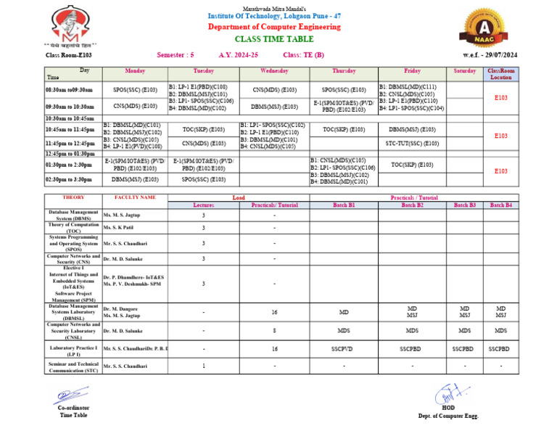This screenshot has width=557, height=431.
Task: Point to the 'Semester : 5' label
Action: point(175,54)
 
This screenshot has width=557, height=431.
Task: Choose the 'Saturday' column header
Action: point(464,71)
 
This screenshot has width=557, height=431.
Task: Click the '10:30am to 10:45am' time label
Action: point(70,118)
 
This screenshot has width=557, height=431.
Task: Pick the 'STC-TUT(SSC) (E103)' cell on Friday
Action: point(412,144)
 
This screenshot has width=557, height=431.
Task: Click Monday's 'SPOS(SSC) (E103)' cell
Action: point(135,90)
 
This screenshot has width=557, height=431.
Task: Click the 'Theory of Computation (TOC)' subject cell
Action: point(73,228)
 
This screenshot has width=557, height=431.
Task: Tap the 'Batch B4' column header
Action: point(500,205)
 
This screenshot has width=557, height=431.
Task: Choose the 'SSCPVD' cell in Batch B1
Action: point(343,348)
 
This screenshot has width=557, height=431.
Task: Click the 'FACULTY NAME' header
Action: point(134,197)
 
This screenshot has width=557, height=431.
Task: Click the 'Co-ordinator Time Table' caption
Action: point(73,411)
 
